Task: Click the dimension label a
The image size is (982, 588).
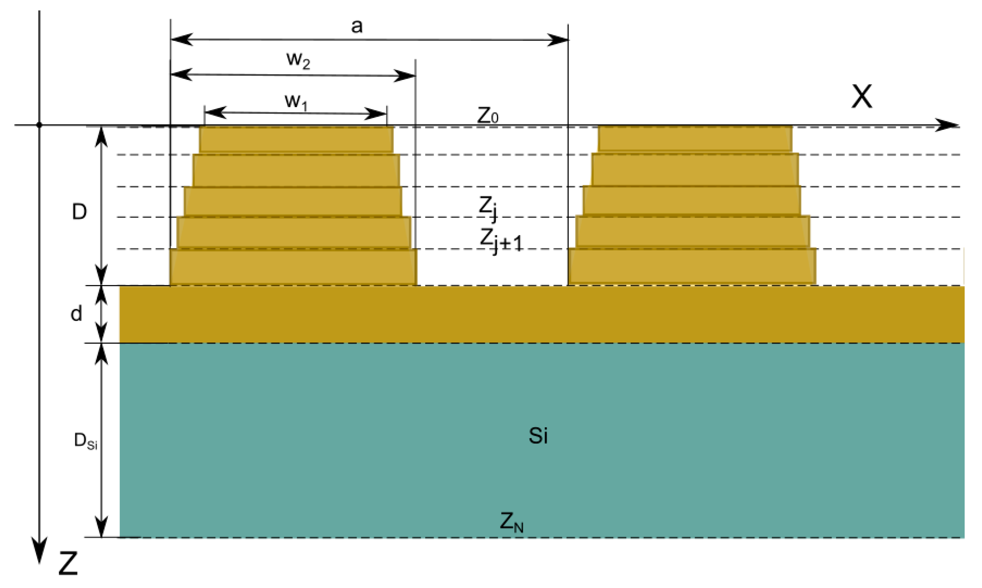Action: [356, 26]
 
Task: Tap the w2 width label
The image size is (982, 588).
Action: [298, 60]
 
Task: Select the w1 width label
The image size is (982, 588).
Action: [296, 102]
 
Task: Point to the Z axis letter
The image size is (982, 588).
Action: [68, 564]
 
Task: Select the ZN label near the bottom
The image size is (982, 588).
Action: [512, 522]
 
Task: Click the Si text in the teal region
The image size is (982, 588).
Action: [538, 436]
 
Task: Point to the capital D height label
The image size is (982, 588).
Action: [79, 212]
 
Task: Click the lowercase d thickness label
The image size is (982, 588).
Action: [76, 314]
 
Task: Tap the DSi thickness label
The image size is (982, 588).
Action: [86, 440]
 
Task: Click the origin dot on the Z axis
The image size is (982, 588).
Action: [39, 125]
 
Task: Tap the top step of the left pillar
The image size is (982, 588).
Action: [296, 139]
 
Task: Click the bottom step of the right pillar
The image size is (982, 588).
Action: [692, 266]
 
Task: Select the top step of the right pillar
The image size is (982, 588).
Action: [695, 139]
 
